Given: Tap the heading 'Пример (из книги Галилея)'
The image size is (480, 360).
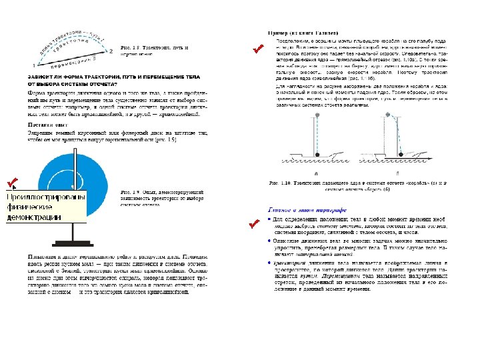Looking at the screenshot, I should click(303, 32).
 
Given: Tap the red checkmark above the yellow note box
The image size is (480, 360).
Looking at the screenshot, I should click(11, 182).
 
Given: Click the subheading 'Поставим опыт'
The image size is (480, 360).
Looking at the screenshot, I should click(50, 125).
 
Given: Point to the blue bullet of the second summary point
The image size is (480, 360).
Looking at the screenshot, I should click(269, 240).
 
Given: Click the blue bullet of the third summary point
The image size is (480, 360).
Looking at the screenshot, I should click(269, 261).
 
